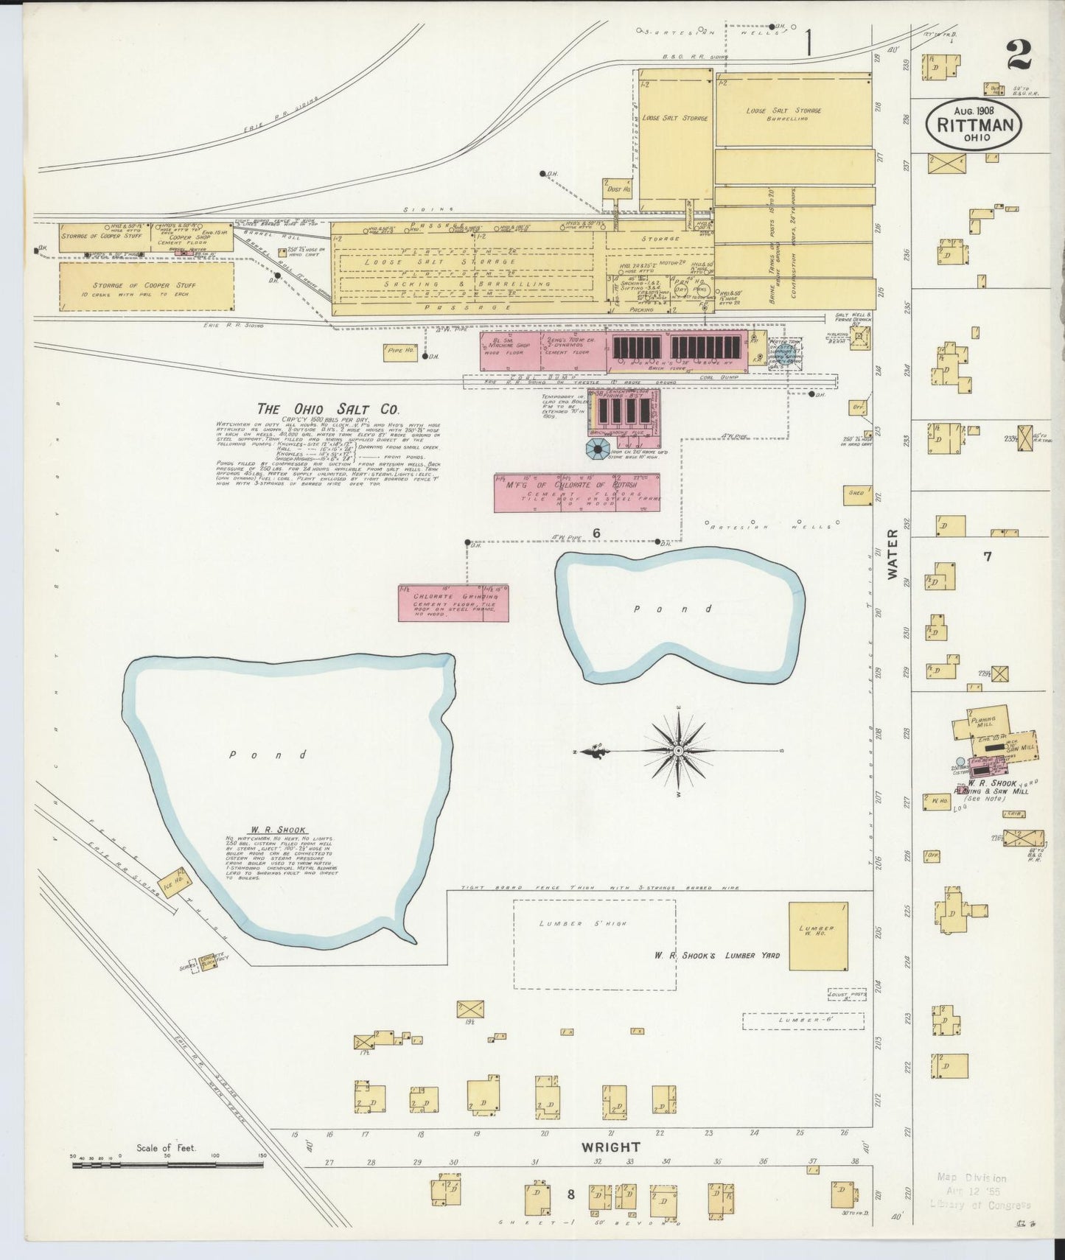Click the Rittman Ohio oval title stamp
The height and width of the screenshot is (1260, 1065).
[974, 124]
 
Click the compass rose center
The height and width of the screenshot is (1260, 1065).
[677, 751]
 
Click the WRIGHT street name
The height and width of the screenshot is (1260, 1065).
[610, 1147]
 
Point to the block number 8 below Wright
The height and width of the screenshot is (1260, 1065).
[570, 1196]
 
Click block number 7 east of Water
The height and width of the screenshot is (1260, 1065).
[987, 556]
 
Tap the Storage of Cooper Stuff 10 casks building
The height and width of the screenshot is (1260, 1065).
[146, 287]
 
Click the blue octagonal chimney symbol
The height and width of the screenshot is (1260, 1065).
[595, 449]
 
